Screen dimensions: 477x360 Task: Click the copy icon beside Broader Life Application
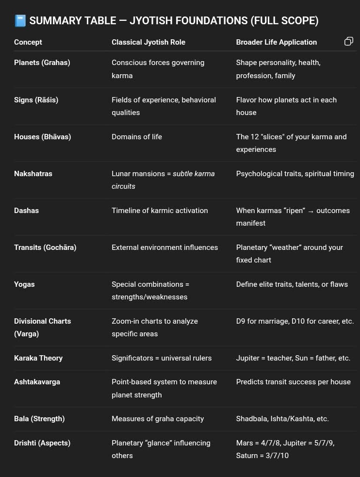[x=348, y=42]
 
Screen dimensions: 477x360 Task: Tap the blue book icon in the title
[x=20, y=21]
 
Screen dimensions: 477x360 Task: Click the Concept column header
[x=28, y=42]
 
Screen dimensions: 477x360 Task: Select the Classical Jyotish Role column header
[x=148, y=42]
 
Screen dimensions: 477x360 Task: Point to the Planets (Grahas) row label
[x=42, y=63]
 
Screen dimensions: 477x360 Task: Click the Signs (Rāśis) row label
[x=36, y=100]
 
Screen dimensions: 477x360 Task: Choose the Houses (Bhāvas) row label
[x=43, y=137]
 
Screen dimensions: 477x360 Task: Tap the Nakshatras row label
[x=33, y=174]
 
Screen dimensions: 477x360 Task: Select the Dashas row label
[x=26, y=211]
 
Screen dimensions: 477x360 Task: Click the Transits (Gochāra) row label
[x=45, y=247]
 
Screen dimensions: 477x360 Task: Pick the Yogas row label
[x=24, y=284]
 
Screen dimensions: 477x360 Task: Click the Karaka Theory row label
[x=38, y=358]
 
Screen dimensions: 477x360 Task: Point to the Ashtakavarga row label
[x=37, y=382]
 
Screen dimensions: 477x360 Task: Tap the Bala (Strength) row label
[x=39, y=419]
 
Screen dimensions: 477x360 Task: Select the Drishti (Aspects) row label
[x=42, y=443]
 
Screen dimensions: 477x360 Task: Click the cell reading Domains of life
[x=137, y=137]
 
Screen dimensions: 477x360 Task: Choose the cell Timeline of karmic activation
[x=160, y=211]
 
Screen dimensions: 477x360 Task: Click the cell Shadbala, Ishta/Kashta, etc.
[x=282, y=419]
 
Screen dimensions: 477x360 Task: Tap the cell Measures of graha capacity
[x=158, y=419]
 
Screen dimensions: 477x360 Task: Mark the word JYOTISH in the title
[x=163, y=21]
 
